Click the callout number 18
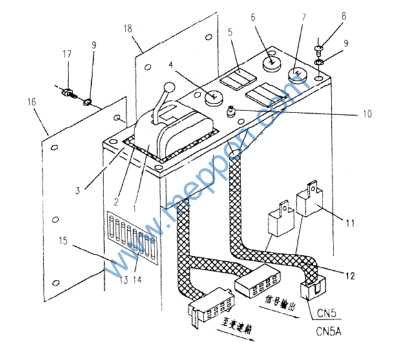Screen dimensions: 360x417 click(x=129, y=28)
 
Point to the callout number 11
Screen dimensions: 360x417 click(x=350, y=224)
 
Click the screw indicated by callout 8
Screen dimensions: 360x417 click(x=318, y=47)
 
